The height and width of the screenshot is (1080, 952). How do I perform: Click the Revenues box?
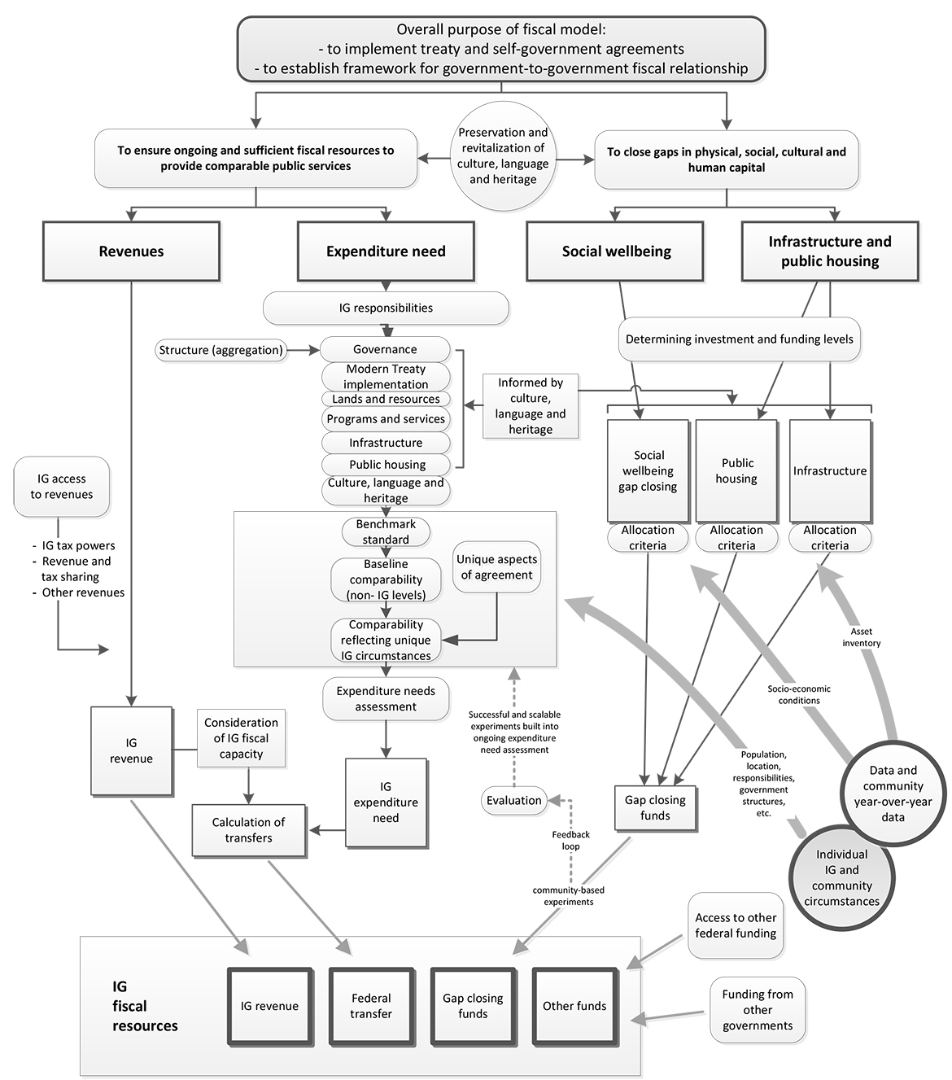click(131, 251)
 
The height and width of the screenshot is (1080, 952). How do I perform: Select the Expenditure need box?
click(386, 251)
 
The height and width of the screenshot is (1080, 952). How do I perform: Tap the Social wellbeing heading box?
click(615, 251)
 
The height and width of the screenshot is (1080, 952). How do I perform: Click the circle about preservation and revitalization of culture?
click(503, 155)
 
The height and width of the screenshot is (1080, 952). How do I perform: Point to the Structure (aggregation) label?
click(221, 350)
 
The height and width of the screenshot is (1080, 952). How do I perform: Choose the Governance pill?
click(386, 349)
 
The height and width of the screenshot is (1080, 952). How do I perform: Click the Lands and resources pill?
click(386, 399)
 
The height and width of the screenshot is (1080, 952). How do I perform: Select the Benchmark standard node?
click(386, 531)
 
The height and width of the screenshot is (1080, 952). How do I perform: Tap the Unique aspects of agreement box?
click(497, 567)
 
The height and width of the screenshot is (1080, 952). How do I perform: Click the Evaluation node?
click(514, 800)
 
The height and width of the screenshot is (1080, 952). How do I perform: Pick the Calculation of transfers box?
click(249, 830)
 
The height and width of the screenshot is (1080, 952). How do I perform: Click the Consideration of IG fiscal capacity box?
click(241, 737)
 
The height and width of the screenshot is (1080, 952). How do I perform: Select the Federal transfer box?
click(372, 1006)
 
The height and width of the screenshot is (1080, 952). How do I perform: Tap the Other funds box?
click(574, 1006)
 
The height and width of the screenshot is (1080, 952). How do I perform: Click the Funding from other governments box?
click(758, 1010)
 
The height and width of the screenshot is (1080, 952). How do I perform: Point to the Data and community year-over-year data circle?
click(893, 794)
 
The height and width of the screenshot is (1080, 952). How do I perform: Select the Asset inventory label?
click(862, 637)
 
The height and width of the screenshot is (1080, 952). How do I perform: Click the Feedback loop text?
click(571, 840)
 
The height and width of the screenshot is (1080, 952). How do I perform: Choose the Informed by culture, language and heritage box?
click(531, 405)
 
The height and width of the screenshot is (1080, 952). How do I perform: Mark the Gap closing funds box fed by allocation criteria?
click(656, 807)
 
